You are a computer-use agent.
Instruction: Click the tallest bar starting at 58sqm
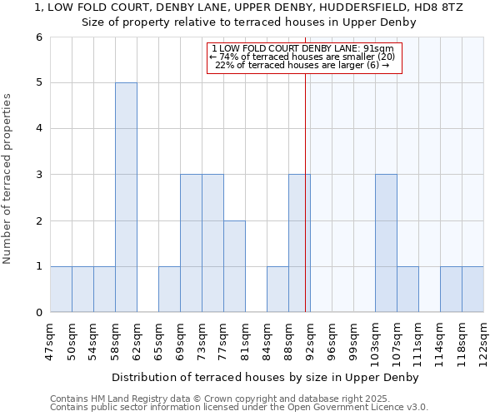(126, 197)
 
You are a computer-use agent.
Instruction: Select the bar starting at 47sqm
(61, 289)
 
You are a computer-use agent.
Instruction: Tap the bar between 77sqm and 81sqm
(234, 266)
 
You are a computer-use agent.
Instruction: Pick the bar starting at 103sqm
(386, 243)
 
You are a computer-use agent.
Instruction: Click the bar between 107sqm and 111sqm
(407, 289)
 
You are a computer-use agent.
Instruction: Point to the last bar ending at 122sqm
(472, 289)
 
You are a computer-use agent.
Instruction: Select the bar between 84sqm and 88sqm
(277, 289)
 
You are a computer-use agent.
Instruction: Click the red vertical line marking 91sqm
(306, 208)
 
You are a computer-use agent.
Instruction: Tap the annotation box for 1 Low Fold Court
(303, 57)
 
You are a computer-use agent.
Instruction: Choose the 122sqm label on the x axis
(483, 339)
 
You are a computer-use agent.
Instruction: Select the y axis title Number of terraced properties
(8, 179)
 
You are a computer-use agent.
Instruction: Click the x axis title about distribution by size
(266, 378)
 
